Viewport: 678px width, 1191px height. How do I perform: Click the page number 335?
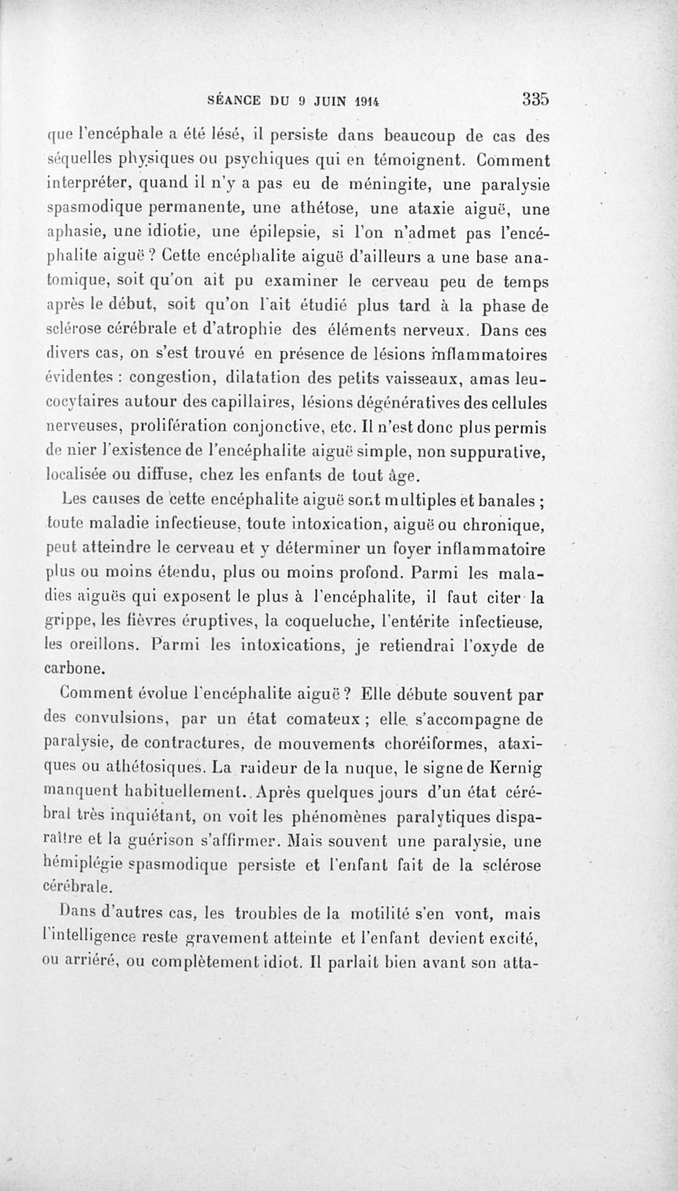536,98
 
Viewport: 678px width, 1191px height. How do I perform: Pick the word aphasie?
75,231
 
